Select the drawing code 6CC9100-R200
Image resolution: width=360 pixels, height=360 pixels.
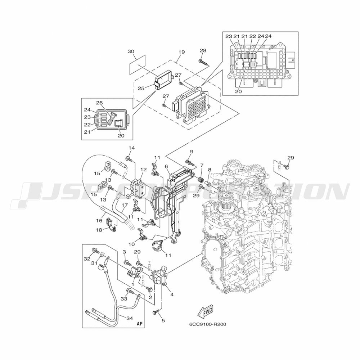tap(208, 324)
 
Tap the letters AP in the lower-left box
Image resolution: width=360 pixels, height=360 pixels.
tap(140, 324)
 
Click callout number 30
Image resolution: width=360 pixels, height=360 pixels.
tap(131, 51)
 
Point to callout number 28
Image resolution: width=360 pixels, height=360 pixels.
tap(203, 50)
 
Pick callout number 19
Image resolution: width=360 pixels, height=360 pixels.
tap(181, 52)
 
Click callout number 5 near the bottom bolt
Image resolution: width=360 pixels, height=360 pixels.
tap(163, 320)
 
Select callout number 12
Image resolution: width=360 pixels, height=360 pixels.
tap(144, 170)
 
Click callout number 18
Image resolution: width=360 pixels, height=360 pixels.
tap(99, 230)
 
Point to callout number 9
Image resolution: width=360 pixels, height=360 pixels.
tap(192, 152)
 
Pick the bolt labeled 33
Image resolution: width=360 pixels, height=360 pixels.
tap(130, 291)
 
